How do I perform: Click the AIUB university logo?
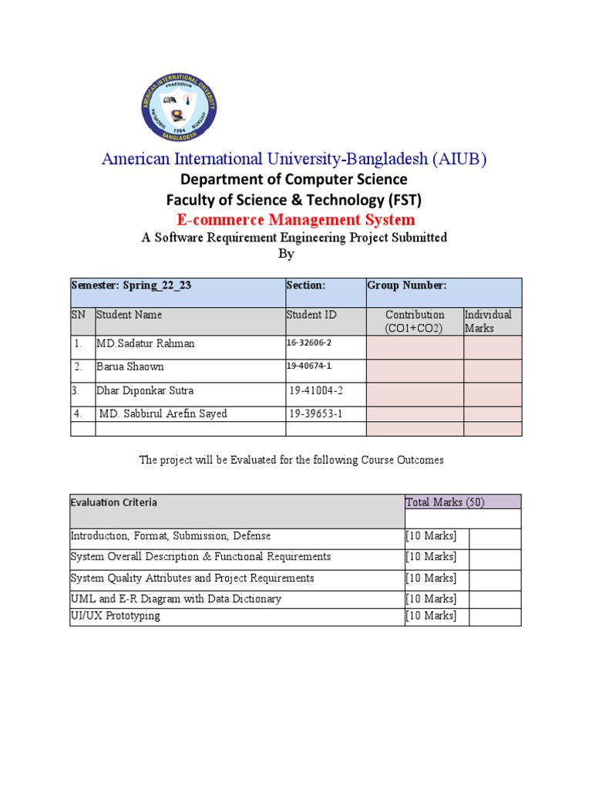pos(179,108)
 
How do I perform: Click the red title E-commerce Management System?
pos(296,220)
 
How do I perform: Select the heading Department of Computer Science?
pos(294,180)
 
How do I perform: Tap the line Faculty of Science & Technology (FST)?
pos(294,200)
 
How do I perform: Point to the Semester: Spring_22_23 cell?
pos(131,285)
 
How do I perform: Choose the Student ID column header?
pos(311,315)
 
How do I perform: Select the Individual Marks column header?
pos(487,321)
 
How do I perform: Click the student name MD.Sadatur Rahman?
pos(145,344)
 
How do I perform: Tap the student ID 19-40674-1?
pos(311,366)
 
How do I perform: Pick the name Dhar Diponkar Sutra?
pos(145,390)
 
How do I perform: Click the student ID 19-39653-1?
pos(315,414)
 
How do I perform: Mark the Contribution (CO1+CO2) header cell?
pos(415,321)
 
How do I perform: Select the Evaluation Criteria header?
pos(114,502)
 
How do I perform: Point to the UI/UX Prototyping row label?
pos(116,616)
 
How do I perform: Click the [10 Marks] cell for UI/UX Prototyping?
pos(431,616)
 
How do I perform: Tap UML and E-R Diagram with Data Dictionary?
pos(176,599)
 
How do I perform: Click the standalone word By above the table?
pos(285,254)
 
